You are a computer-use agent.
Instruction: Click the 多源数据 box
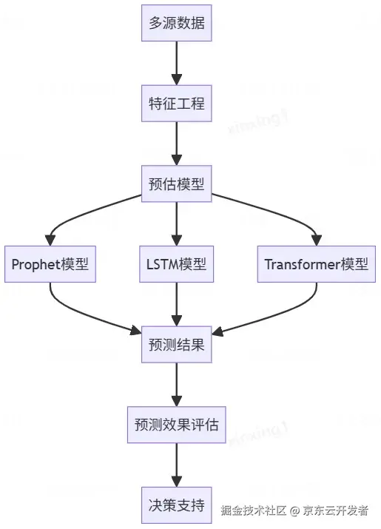(176, 23)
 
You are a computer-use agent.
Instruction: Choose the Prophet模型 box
(50, 264)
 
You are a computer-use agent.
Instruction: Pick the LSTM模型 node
(176, 264)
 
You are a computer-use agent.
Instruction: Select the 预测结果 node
(176, 345)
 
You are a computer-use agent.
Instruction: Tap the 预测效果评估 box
(176, 425)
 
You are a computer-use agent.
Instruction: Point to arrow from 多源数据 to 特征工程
(176, 63)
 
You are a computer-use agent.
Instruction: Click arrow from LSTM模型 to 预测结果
(176, 304)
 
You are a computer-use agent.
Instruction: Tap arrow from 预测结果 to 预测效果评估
(176, 385)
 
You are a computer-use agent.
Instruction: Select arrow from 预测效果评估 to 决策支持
(176, 465)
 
